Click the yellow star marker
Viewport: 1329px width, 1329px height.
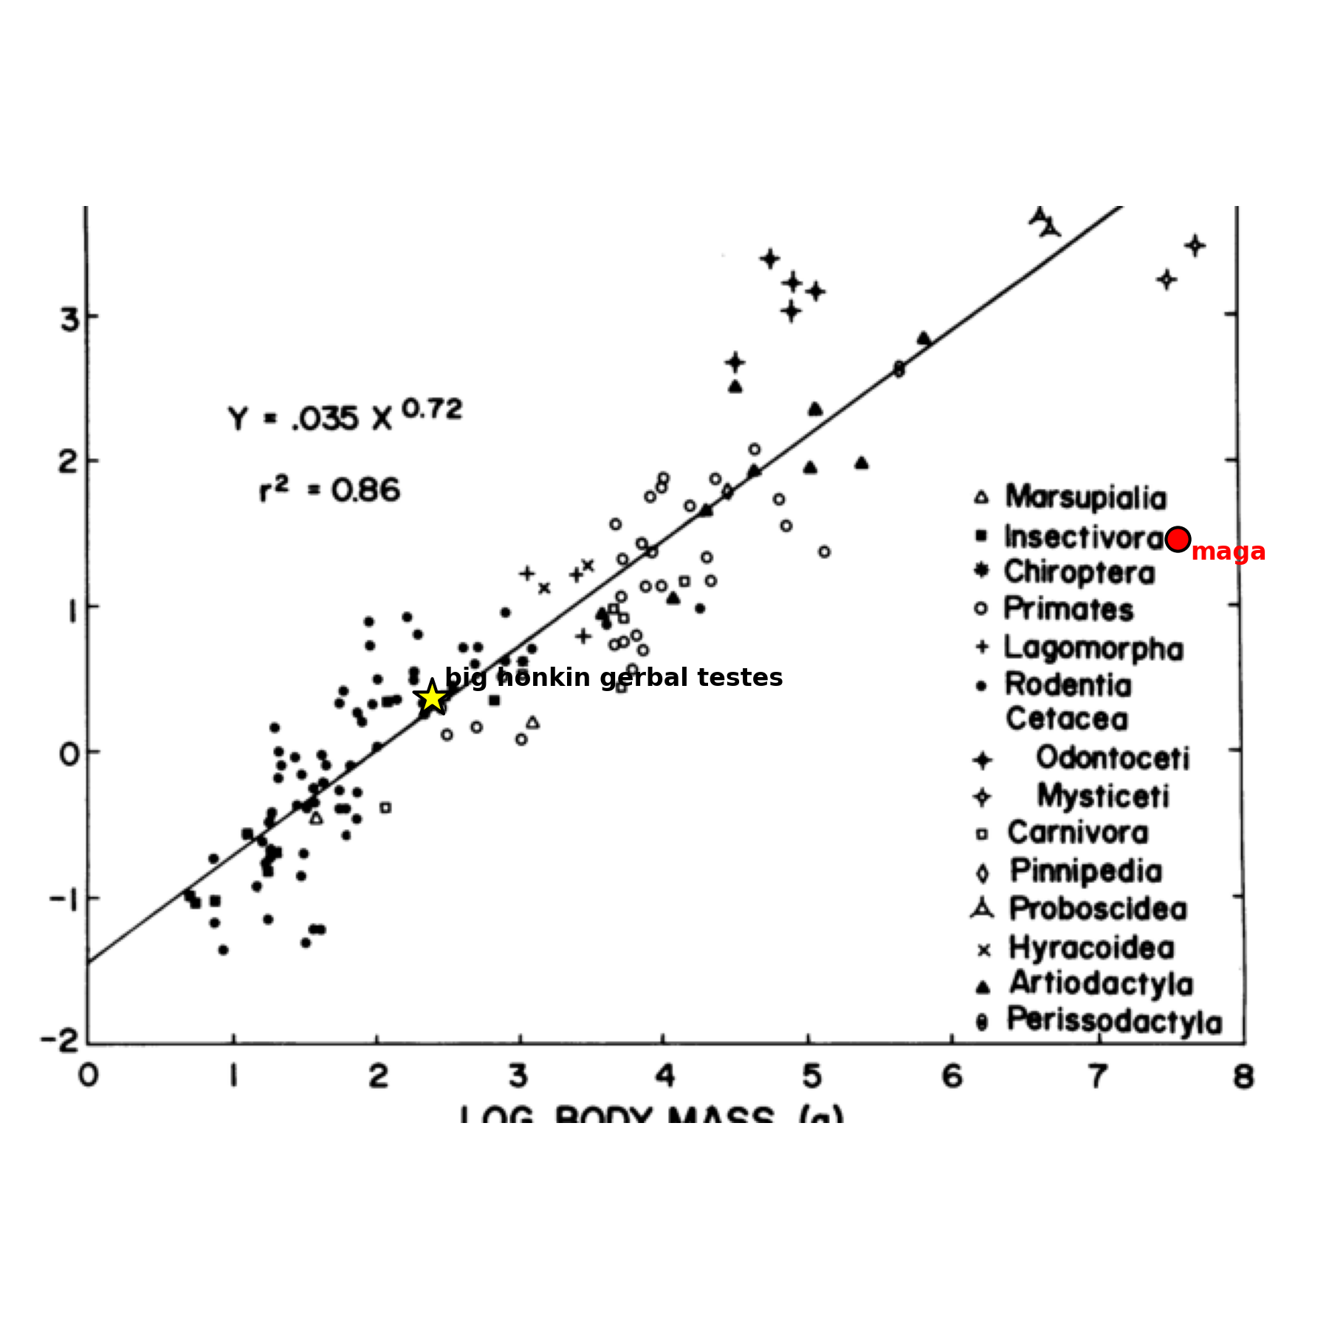pos(432,697)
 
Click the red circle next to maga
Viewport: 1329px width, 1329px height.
pos(1178,539)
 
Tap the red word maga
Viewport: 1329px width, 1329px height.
pos(1228,552)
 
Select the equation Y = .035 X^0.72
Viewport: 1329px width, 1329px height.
pos(345,416)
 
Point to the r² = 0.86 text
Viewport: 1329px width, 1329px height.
pos(329,490)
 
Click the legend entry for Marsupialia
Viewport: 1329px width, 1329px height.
pos(1085,498)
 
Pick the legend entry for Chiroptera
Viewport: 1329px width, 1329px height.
pos(1079,572)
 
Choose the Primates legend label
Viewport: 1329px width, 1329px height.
pos(1068,609)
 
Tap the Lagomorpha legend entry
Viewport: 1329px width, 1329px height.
pos(1093,648)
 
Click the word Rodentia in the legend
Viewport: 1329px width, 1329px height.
pos(1068,685)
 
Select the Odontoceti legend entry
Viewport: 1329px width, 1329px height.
pos(1112,758)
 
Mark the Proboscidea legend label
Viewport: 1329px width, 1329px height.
pos(1098,909)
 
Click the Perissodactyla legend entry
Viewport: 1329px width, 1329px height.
pos(1114,1021)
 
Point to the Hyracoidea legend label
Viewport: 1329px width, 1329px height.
pos(1091,947)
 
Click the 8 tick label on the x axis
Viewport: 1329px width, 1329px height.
pos(1243,1077)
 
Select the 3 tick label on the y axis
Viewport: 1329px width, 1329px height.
pos(69,319)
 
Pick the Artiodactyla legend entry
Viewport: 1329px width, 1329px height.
pos(1101,983)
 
